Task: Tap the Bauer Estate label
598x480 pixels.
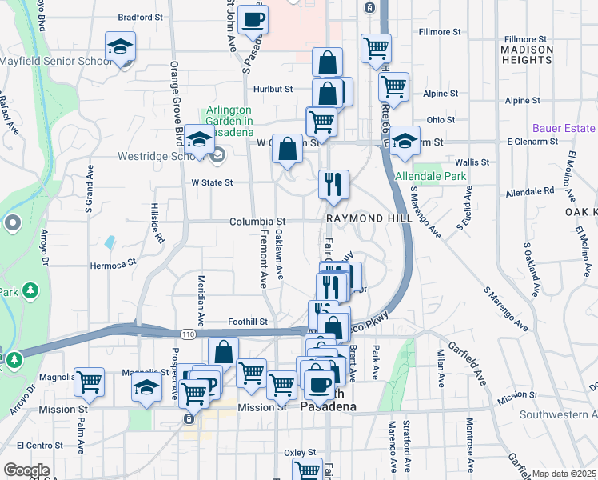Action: (564, 128)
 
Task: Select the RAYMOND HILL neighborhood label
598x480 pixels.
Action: (369, 218)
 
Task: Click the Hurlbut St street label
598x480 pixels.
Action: (273, 90)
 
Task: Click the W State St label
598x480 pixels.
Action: (212, 182)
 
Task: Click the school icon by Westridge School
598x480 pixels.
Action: (199, 141)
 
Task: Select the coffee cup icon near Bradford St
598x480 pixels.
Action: (253, 21)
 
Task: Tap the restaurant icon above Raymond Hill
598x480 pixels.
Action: (333, 185)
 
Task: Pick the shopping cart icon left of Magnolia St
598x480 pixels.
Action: (89, 382)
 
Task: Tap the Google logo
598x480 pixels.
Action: (26, 470)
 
